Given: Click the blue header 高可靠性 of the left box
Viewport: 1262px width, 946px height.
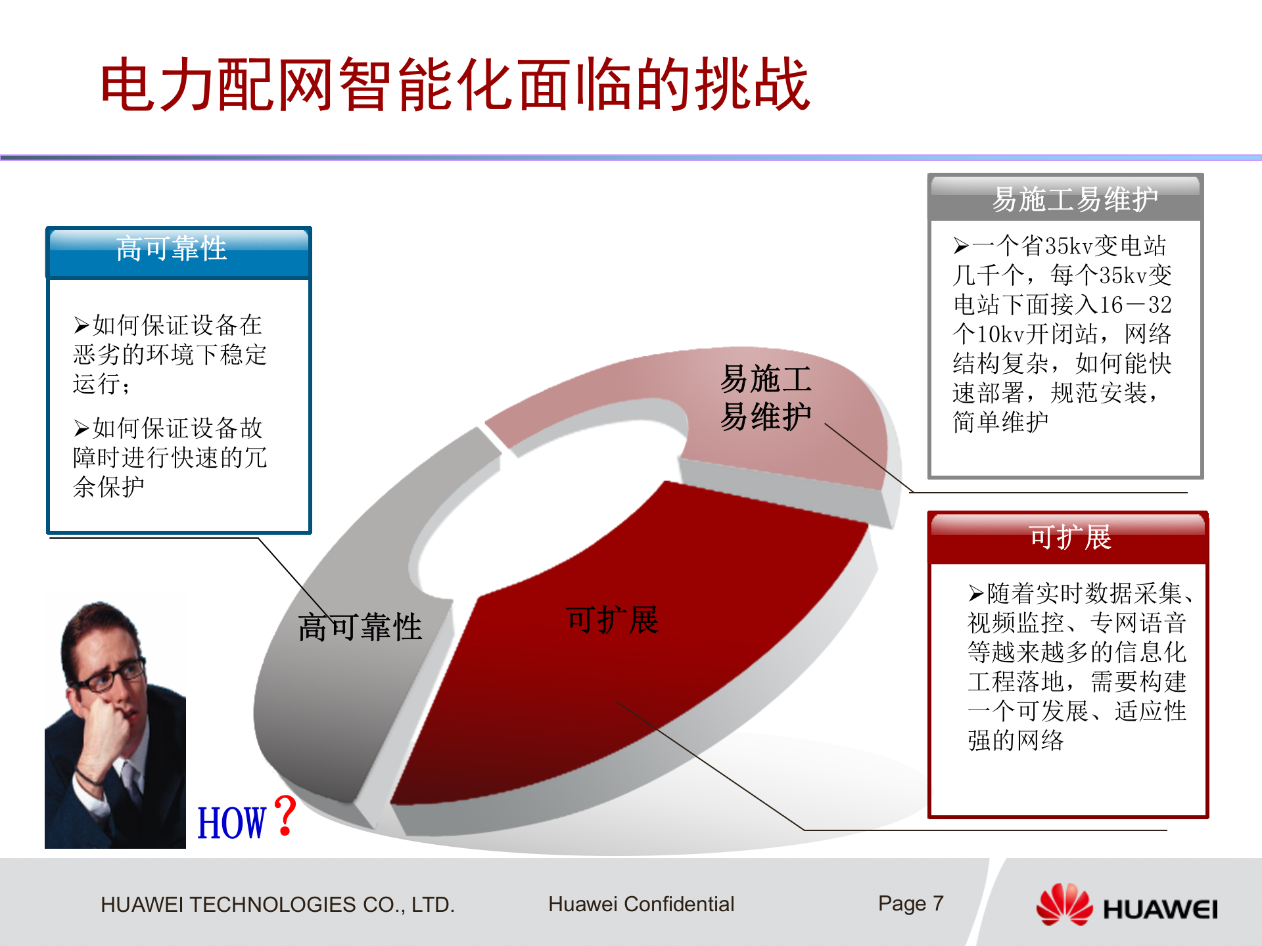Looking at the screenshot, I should pos(172,249).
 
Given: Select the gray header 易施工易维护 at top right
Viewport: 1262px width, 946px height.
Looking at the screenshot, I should pos(1074,199).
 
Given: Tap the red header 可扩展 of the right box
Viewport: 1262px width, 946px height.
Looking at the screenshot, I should pos(1069,537).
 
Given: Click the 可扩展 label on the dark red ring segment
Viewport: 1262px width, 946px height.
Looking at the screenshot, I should pos(612,620).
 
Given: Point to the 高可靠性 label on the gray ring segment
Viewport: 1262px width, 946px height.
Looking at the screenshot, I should pos(360,627).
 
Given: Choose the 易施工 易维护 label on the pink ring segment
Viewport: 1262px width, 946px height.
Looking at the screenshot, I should pos(766,397).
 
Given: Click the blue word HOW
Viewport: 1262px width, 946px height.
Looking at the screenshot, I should pos(231,823).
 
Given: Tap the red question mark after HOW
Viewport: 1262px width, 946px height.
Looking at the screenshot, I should pos(285,816).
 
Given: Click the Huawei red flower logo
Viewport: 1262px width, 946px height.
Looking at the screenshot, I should pos(1063,905).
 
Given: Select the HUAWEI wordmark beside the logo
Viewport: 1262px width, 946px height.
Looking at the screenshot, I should pos(1160,910).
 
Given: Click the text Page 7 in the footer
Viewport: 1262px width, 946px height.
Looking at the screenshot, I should pos(910,904).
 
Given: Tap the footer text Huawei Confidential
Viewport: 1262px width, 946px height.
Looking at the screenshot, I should pos(641,905).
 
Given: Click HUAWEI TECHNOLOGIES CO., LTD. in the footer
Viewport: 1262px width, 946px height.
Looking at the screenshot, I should pos(277,905).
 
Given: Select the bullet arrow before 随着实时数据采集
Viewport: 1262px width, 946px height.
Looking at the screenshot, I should pos(976,594).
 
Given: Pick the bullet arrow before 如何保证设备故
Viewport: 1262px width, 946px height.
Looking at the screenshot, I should pos(82,429).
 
